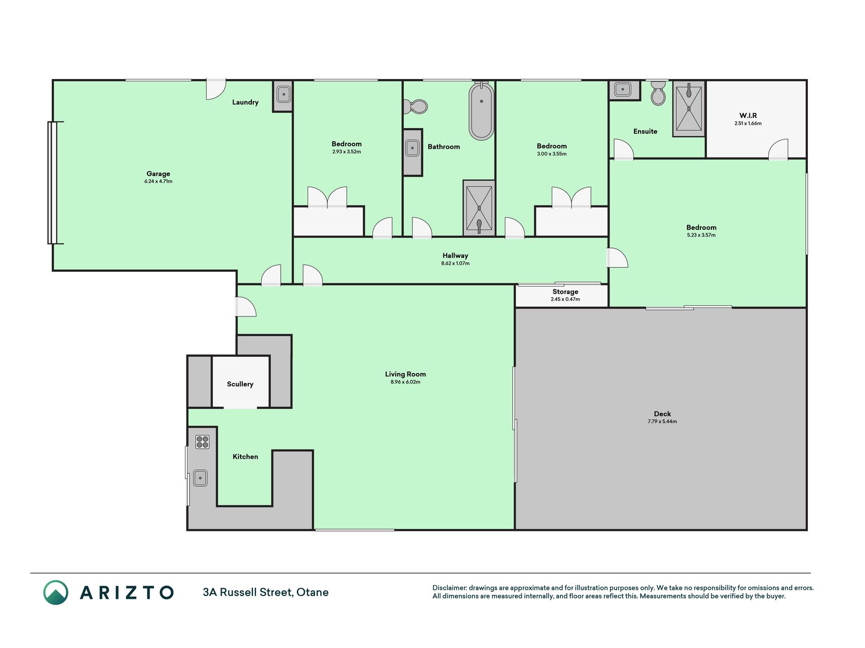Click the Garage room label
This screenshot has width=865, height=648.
(x=158, y=174)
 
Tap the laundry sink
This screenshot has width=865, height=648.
(x=283, y=94)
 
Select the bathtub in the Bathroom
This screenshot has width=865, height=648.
(x=481, y=111)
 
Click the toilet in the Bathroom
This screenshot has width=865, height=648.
(x=416, y=106)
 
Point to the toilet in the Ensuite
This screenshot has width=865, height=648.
(x=658, y=93)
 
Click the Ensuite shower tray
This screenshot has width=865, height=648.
(x=689, y=109)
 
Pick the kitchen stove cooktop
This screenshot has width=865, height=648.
(x=202, y=442)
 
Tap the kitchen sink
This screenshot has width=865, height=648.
(x=200, y=478)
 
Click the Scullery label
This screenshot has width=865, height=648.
(x=240, y=384)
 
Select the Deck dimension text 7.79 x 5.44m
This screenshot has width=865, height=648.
(x=662, y=421)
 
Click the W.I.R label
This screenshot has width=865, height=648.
(x=748, y=115)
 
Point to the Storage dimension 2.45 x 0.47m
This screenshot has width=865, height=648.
(x=566, y=299)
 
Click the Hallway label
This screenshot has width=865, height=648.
(x=455, y=256)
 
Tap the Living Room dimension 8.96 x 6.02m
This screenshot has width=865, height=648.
(x=405, y=382)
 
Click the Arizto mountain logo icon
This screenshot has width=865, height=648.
(x=56, y=592)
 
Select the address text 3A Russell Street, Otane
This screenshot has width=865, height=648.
(x=266, y=592)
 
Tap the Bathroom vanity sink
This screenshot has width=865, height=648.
(x=412, y=149)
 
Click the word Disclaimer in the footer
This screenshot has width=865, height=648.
(x=449, y=588)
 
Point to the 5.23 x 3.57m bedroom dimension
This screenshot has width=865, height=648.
(x=701, y=235)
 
